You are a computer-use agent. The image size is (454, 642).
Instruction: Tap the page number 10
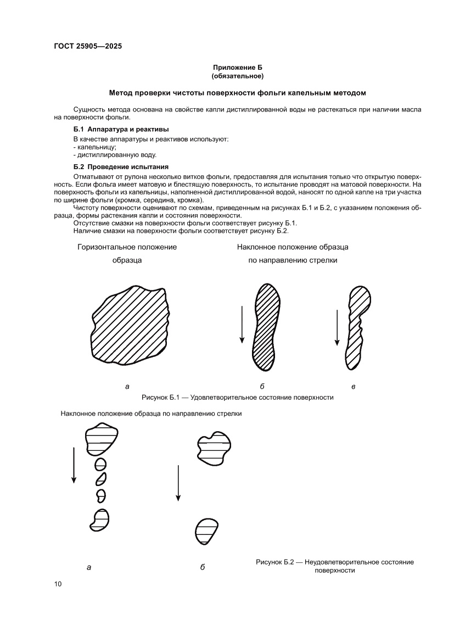pyautogui.click(x=58, y=583)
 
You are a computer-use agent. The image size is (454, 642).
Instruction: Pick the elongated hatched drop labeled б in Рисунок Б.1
pyautogui.click(x=266, y=328)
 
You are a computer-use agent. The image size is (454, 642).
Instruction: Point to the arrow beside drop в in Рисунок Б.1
pyautogui.click(x=337, y=328)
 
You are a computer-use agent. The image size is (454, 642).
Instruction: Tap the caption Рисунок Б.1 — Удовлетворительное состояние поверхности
pyautogui.click(x=238, y=397)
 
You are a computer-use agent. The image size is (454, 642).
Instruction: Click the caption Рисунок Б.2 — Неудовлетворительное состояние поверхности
pyautogui.click(x=335, y=566)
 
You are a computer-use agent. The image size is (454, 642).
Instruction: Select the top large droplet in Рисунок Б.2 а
pyautogui.click(x=101, y=440)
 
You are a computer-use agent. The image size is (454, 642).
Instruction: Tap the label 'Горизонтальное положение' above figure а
pyautogui.click(x=127, y=247)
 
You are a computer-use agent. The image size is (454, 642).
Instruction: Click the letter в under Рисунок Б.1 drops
pyautogui.click(x=353, y=387)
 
